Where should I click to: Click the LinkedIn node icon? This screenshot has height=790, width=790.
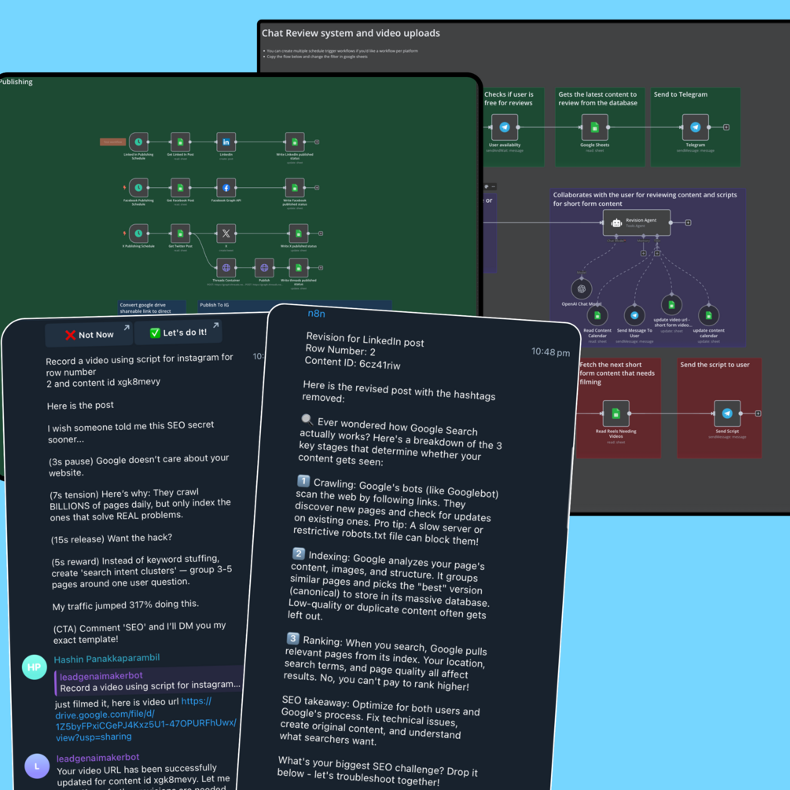click(x=226, y=142)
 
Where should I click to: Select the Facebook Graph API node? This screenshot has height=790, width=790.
click(x=226, y=189)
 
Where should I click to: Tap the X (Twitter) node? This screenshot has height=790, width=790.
click(x=226, y=233)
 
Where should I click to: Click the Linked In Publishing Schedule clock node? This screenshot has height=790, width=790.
click(x=138, y=142)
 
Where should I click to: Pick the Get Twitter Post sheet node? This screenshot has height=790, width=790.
click(x=181, y=233)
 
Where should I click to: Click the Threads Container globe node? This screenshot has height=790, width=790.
click(x=226, y=268)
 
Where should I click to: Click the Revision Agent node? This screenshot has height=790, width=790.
click(x=637, y=222)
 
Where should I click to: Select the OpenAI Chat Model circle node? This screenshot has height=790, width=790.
click(x=582, y=288)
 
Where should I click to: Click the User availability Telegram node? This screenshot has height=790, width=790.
click(x=505, y=127)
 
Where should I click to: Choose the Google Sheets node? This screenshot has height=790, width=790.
click(x=594, y=127)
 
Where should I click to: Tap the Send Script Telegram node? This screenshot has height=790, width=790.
click(x=727, y=413)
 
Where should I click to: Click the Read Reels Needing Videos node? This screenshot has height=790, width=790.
click(x=616, y=413)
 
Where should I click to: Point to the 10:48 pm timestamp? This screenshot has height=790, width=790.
click(x=550, y=352)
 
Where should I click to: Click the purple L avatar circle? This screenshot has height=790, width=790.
click(x=37, y=766)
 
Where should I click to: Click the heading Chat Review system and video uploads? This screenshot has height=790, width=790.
click(x=351, y=34)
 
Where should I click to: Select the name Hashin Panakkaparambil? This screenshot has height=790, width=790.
click(x=107, y=659)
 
